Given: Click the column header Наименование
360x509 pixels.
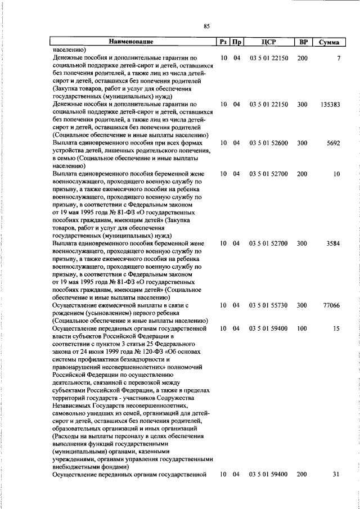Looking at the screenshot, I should point(131,42).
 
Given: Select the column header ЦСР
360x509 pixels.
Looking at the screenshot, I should point(268,42).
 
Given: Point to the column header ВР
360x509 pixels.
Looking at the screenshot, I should point(303,42).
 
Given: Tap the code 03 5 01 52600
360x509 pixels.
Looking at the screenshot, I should point(268,143).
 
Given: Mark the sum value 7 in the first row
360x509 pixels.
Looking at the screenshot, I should point(339,58).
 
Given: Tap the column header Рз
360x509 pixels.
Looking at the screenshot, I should point(223,42).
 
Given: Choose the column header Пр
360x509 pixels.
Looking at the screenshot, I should point(237,42).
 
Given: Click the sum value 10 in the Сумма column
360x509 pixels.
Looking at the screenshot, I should point(336,174).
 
